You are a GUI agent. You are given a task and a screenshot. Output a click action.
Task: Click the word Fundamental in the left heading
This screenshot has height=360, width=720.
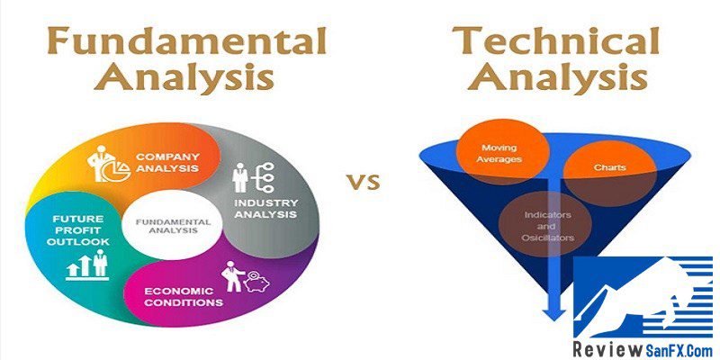click(x=186, y=41)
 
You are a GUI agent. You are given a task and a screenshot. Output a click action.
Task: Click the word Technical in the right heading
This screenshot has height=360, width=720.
click(x=556, y=40)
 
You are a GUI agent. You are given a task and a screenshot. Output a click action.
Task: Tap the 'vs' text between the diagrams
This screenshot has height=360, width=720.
click(x=364, y=183)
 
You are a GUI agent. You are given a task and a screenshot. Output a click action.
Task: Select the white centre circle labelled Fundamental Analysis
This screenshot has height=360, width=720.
click(x=173, y=226)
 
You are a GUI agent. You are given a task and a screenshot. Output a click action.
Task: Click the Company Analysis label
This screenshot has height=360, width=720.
click(x=167, y=163)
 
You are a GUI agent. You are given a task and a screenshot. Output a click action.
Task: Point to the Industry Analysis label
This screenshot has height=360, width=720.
click(x=265, y=209)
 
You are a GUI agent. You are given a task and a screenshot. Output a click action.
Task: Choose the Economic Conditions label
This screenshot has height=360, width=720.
click(x=184, y=297)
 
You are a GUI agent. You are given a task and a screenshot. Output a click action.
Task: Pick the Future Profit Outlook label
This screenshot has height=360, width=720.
click(x=77, y=230)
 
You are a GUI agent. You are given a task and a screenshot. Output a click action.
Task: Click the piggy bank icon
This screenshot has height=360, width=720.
click(x=257, y=282)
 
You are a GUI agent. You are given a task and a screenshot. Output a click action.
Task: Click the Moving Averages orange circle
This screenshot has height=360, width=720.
click(x=502, y=154)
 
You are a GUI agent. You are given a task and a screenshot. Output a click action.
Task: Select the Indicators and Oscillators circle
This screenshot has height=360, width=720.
click(x=548, y=226)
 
